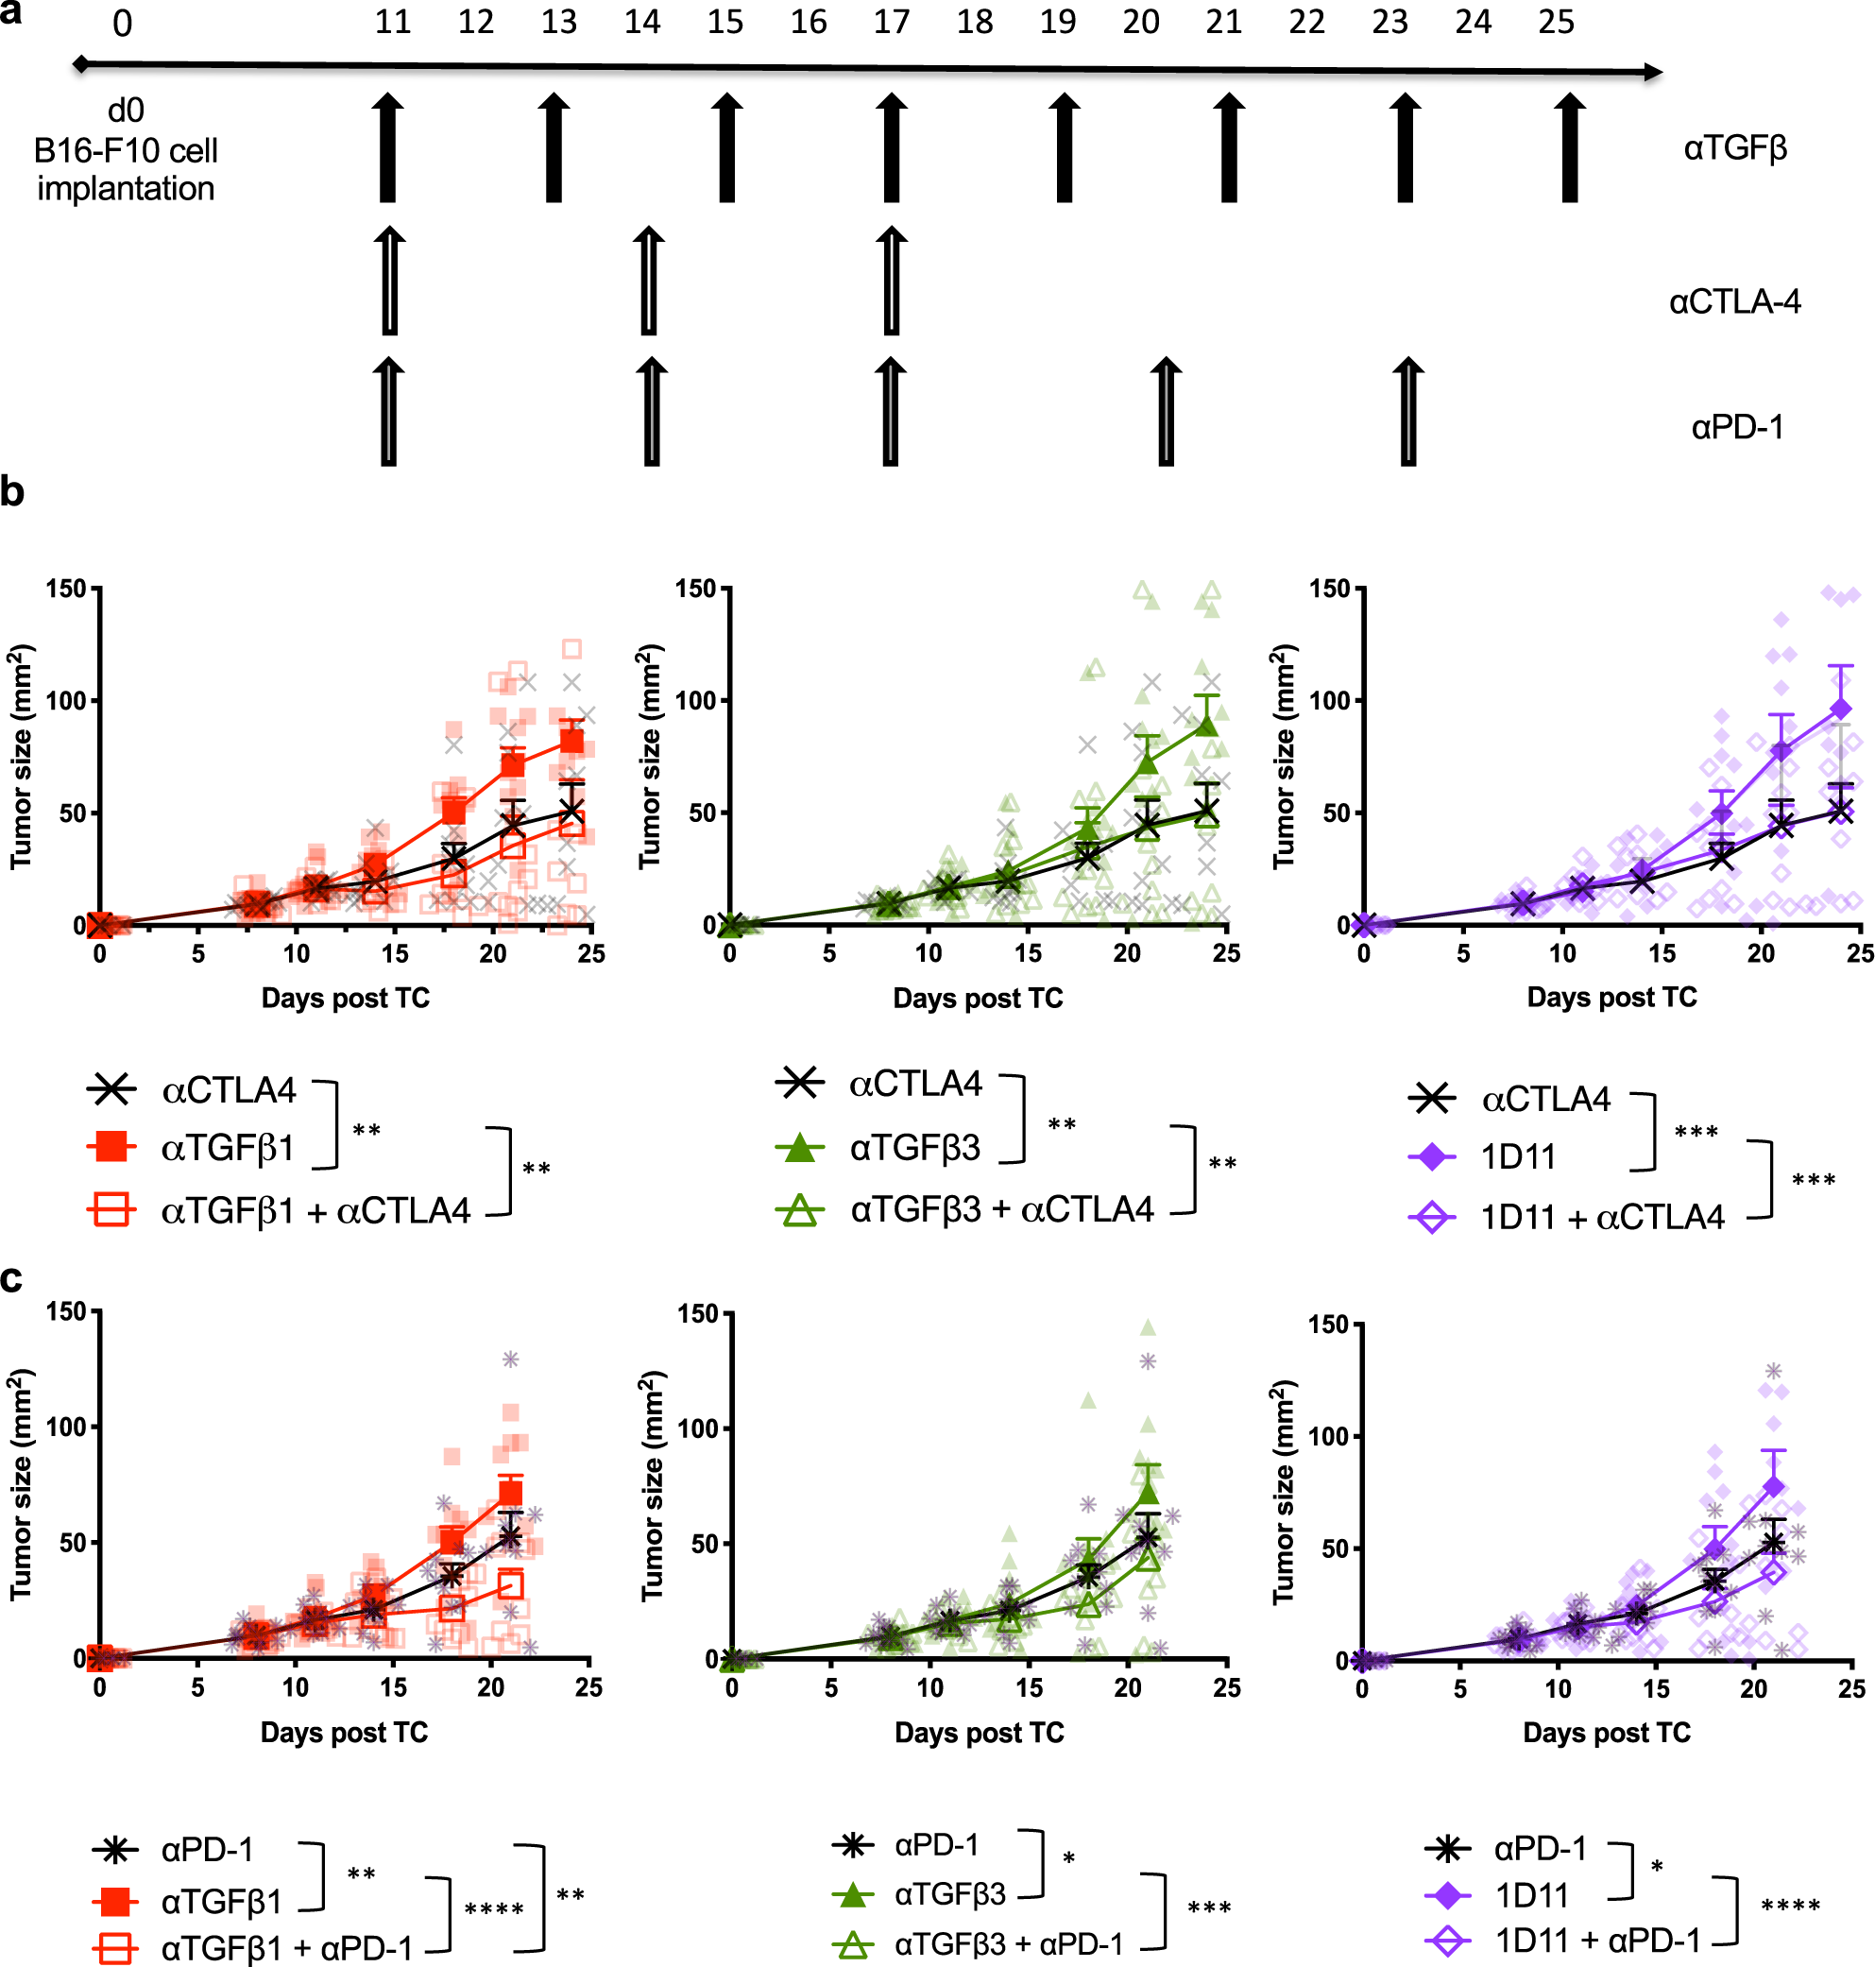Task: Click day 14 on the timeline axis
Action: (x=641, y=22)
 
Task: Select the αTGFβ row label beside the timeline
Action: (x=1734, y=148)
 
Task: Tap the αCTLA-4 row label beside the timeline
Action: (x=1734, y=300)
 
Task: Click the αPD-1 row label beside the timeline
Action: (x=1736, y=427)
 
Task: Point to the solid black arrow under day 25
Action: (x=1569, y=148)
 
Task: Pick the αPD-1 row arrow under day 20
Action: (x=1166, y=411)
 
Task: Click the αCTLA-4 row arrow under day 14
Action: (x=649, y=281)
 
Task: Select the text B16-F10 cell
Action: (x=126, y=151)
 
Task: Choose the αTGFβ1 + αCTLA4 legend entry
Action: (x=315, y=1210)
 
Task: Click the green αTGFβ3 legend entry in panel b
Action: (x=913, y=1147)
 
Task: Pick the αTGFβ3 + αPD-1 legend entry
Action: (x=1008, y=1943)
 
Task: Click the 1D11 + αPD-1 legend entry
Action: (x=1596, y=1941)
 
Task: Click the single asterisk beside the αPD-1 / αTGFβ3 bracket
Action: (x=1068, y=1860)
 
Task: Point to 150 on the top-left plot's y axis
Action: (x=66, y=589)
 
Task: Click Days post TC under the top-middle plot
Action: (x=978, y=998)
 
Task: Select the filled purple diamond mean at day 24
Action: (x=1840, y=709)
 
